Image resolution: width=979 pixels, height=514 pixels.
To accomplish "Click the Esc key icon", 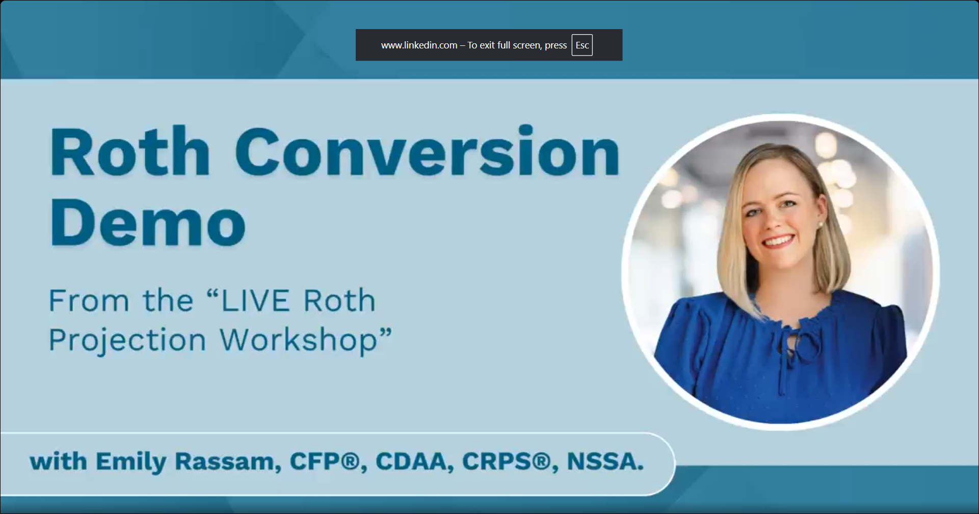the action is click(582, 45).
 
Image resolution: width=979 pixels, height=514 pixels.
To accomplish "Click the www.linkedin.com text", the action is click(419, 45).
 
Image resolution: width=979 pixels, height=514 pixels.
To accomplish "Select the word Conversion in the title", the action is click(427, 151).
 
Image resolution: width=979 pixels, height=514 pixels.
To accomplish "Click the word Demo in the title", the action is click(148, 221).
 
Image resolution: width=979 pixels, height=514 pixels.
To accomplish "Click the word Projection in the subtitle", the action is click(127, 340).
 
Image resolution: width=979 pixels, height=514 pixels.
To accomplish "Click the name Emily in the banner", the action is click(131, 462).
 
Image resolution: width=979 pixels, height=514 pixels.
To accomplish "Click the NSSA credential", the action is click(605, 461).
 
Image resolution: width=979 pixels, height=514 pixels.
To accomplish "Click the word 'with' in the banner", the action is click(59, 461).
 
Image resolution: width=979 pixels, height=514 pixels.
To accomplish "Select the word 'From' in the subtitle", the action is click(89, 300).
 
